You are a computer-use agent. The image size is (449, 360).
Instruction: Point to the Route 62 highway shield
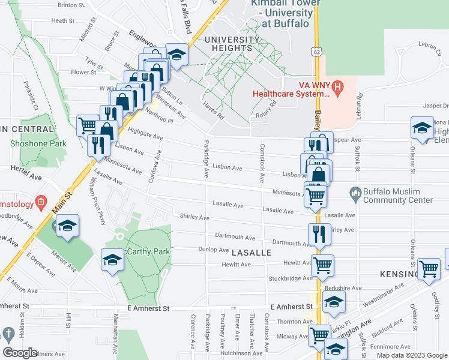316,52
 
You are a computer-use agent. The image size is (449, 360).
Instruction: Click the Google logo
20,352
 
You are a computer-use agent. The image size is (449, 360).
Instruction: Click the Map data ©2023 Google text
411,355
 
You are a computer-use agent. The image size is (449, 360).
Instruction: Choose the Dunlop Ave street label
214,250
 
